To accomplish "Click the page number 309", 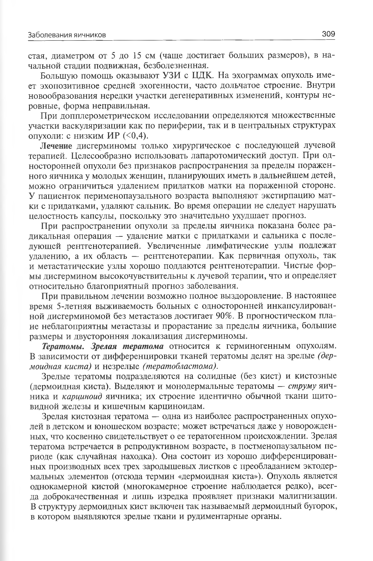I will [328, 34].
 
